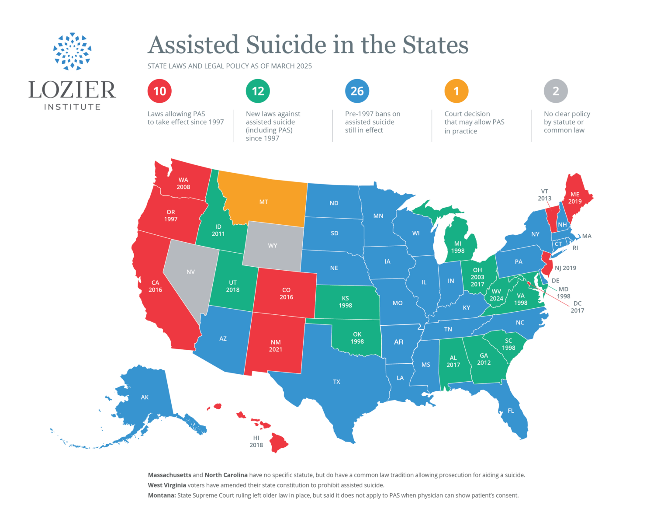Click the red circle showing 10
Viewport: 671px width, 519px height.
click(x=160, y=91)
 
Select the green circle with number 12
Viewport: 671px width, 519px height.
click(x=258, y=91)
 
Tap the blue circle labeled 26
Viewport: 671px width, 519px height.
click(x=357, y=91)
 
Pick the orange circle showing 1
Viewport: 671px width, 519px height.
click(x=457, y=91)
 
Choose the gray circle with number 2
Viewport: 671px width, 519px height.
click(x=556, y=91)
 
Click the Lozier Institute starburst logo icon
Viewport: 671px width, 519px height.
click(x=73, y=52)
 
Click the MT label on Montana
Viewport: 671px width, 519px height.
click(x=263, y=202)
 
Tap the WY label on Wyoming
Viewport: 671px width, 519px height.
click(x=273, y=246)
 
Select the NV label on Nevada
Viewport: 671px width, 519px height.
click(x=190, y=272)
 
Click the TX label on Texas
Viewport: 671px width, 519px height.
click(x=336, y=382)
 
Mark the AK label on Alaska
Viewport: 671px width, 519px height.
click(x=145, y=397)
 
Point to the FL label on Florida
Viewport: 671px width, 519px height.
click(x=511, y=411)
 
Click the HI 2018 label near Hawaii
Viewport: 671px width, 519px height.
click(x=256, y=441)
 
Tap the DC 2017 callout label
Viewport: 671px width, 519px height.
click(x=577, y=307)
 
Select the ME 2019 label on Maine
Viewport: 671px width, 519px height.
click(x=575, y=198)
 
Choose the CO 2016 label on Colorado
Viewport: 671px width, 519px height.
click(x=286, y=293)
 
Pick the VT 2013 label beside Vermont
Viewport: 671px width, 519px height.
click(x=544, y=195)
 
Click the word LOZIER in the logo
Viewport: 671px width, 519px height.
click(x=73, y=90)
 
